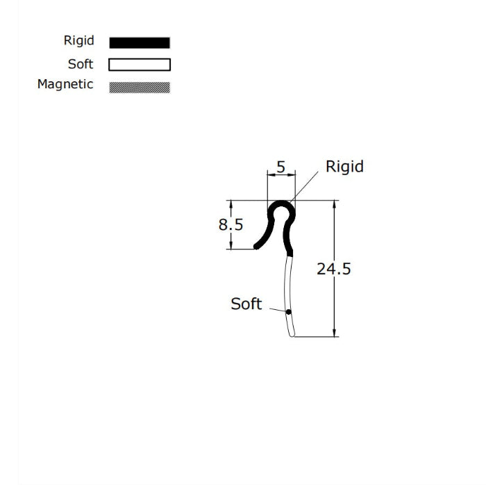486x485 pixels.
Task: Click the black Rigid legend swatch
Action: point(139,42)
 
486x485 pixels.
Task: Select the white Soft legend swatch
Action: point(139,65)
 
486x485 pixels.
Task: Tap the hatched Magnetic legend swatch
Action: point(139,87)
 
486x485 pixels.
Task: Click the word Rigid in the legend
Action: point(78,41)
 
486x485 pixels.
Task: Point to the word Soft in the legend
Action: point(81,64)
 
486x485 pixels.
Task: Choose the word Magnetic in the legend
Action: point(65,85)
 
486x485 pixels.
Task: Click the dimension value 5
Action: point(281,167)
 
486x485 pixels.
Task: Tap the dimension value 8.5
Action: point(231,225)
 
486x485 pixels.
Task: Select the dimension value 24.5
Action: point(334,269)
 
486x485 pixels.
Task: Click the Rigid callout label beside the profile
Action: point(344,167)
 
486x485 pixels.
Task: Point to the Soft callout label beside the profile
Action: point(246,304)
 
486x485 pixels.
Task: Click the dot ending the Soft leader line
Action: point(288,311)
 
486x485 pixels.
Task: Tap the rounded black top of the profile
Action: point(281,204)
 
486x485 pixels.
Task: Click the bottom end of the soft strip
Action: point(294,335)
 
